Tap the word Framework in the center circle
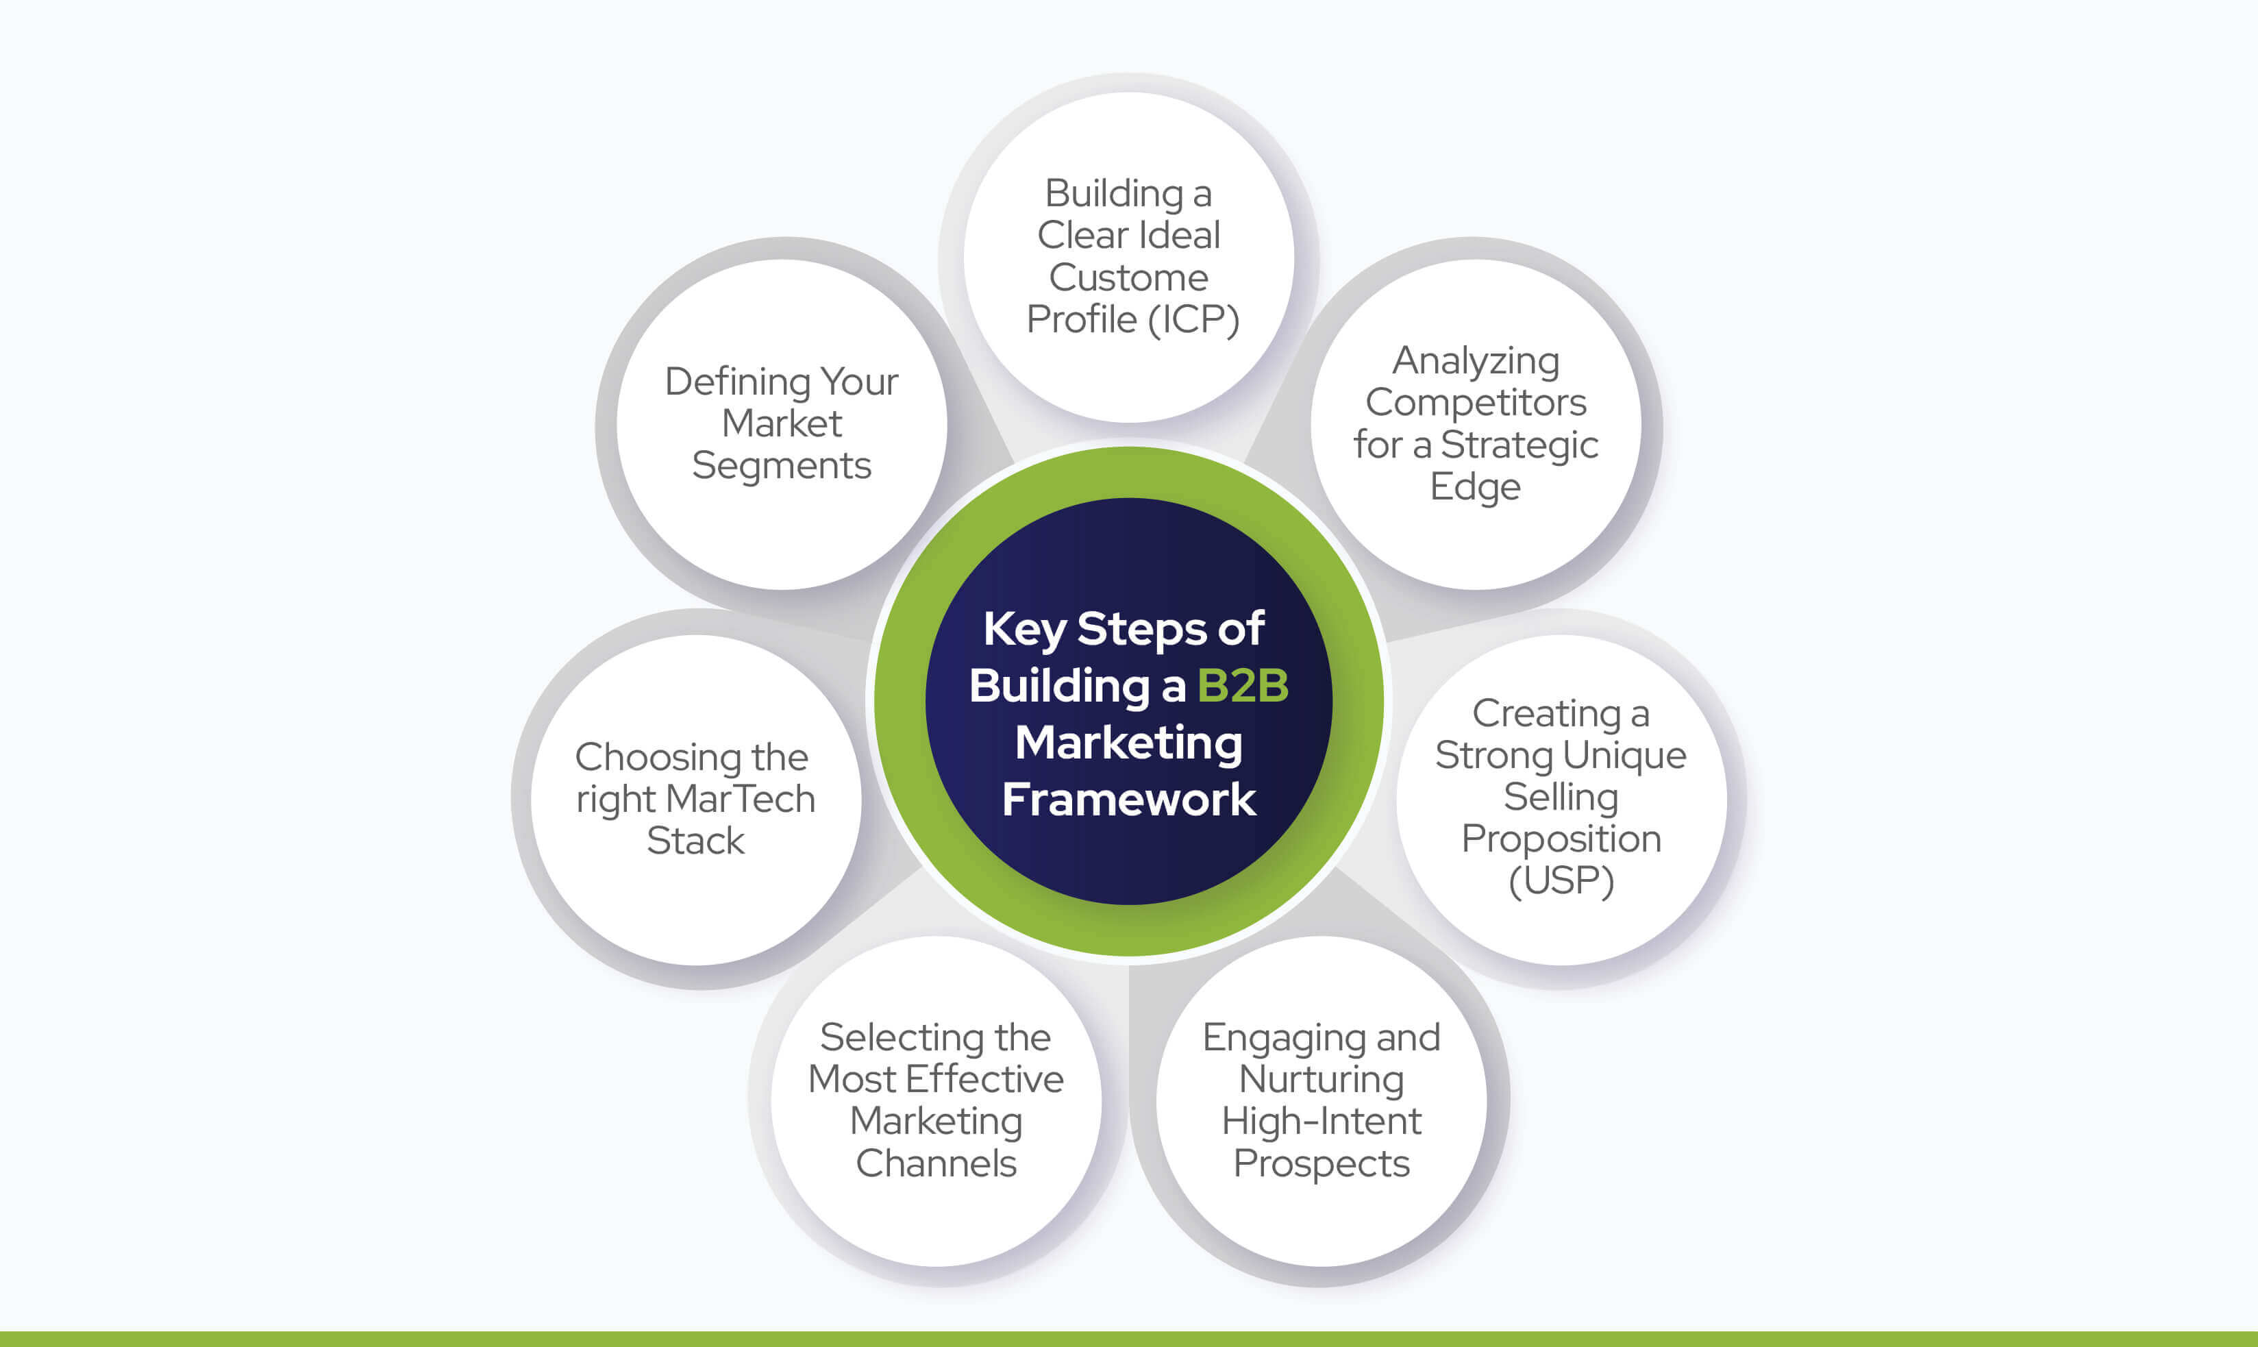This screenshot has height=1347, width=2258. coord(1128,800)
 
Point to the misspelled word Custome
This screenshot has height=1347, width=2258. coord(1128,277)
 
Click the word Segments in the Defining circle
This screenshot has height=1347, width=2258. coord(782,467)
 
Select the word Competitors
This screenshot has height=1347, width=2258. coord(1476,402)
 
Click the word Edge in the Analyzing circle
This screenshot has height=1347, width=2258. coord(1475,487)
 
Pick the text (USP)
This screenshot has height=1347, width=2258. coord(1561,880)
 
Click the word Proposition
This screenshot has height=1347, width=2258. coord(1561,839)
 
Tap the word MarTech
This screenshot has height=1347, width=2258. coord(740,800)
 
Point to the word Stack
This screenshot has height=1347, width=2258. coord(695,841)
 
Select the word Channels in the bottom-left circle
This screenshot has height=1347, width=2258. coord(936,1163)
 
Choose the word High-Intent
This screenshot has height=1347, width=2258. coord(1322,1122)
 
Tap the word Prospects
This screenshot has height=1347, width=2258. coord(1322,1163)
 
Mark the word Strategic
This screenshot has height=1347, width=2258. coord(1519,445)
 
